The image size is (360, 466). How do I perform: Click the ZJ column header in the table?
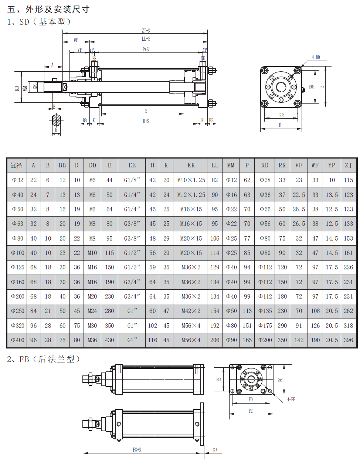348,165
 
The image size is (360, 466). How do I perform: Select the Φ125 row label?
18,268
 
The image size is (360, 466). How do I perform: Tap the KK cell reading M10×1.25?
191,180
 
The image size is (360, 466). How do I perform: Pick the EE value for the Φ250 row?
132,311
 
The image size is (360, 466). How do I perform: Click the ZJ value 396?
348,340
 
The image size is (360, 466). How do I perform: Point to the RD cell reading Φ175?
265,326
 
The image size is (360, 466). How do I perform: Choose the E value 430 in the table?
109,340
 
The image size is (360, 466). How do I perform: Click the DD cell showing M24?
92,311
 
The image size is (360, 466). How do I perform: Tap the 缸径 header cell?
16,165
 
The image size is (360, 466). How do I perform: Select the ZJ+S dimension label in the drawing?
146,31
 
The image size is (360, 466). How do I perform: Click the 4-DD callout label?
316,57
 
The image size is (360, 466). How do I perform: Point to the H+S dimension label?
146,121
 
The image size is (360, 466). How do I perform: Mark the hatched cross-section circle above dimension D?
56,120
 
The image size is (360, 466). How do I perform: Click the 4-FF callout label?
291,399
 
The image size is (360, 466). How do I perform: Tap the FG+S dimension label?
137,450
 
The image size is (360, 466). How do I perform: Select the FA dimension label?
215,450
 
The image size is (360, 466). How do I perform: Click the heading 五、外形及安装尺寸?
48,9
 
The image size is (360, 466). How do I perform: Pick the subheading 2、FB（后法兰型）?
44,359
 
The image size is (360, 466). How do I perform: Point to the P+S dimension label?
146,50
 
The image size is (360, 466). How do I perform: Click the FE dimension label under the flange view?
251,411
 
